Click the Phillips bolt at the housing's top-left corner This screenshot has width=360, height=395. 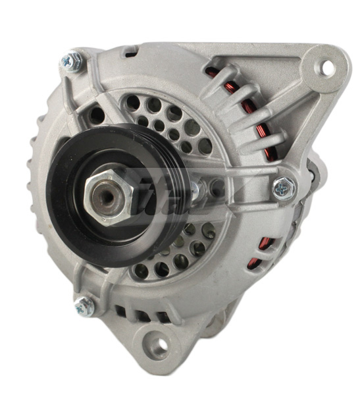71,61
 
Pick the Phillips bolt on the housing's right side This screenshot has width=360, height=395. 284,188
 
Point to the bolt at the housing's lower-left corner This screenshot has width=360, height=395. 84,305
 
